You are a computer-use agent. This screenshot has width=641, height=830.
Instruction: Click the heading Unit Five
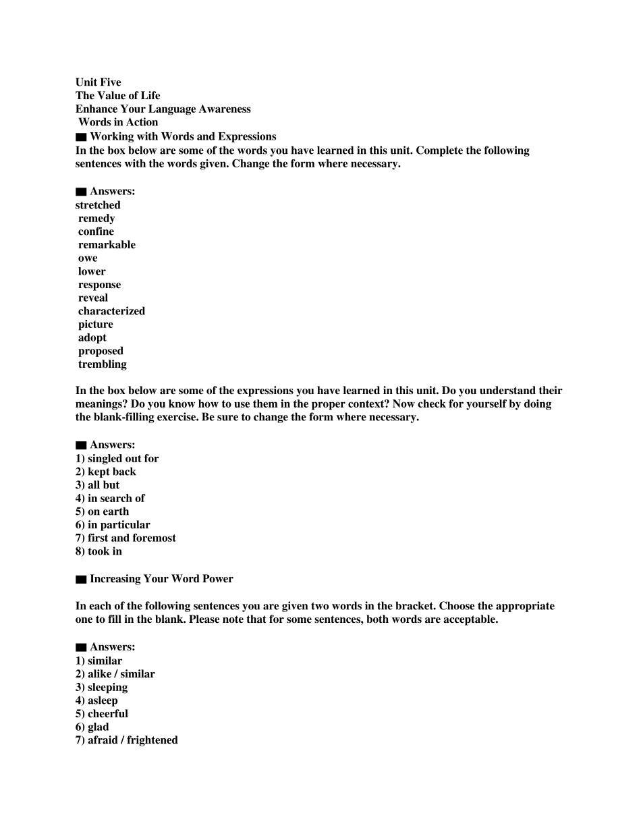(99, 82)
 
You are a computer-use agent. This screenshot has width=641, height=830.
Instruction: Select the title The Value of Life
(118, 96)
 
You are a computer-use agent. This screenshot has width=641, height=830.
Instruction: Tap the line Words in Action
(118, 122)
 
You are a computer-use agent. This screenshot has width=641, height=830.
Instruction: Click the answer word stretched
(98, 205)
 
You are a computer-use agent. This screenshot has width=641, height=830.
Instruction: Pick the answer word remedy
(96, 219)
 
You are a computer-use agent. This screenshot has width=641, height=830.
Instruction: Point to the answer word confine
(96, 231)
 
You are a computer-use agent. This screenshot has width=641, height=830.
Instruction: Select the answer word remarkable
(107, 245)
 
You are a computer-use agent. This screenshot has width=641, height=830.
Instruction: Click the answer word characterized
(111, 311)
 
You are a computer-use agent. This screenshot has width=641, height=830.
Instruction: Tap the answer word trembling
(103, 364)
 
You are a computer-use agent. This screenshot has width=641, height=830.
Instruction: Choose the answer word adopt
(92, 337)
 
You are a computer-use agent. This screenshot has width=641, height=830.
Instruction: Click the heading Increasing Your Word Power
(161, 579)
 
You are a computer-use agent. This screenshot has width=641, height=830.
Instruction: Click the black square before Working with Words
(81, 137)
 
